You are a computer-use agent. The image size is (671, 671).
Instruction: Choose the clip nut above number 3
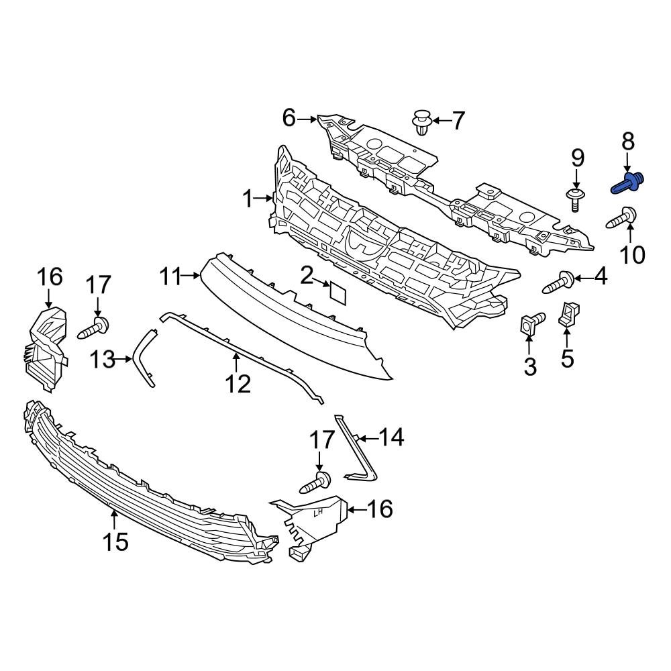[529, 325]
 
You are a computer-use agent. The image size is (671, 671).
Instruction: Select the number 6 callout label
[289, 119]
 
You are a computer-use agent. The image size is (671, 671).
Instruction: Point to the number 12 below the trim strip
[238, 384]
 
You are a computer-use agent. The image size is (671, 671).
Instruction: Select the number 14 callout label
[391, 438]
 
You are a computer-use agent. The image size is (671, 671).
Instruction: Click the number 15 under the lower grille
[115, 541]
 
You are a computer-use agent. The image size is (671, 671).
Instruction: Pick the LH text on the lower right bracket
[320, 513]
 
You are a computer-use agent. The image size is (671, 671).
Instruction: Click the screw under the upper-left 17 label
[95, 329]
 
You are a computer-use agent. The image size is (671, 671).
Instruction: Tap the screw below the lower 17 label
[317, 481]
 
